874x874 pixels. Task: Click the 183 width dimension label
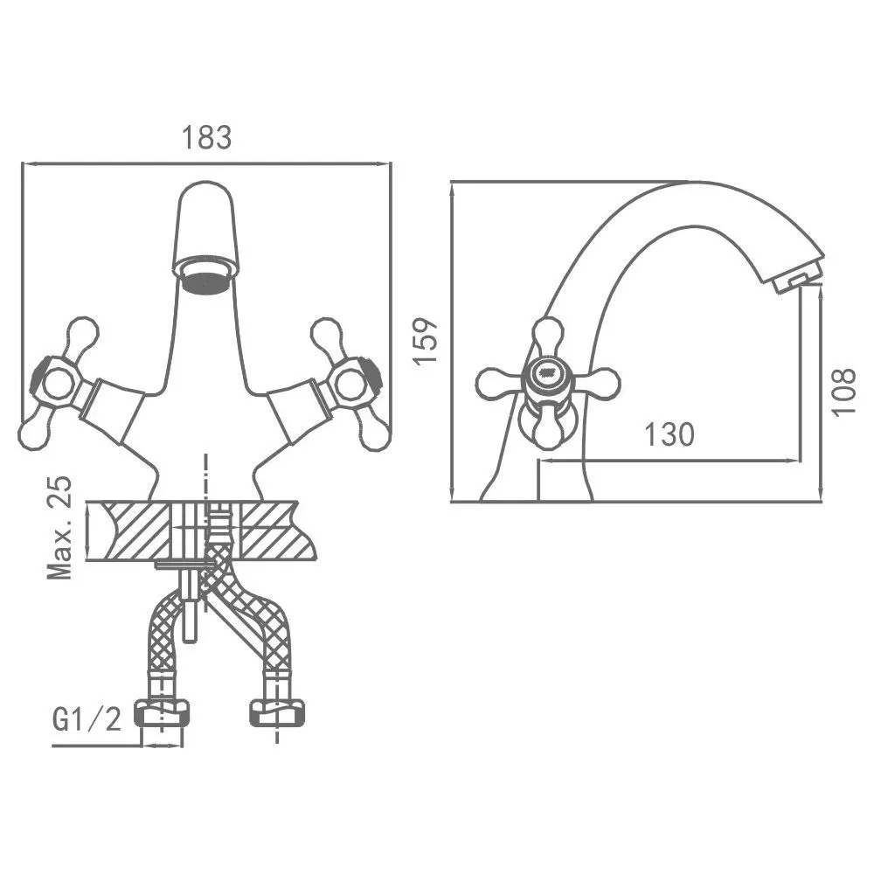[x=206, y=138]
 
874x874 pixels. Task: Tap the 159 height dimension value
[x=426, y=341]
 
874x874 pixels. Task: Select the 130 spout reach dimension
[x=669, y=434]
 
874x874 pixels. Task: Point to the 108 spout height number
[x=843, y=392]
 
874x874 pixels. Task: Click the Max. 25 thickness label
[x=60, y=527]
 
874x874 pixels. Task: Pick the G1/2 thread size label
[x=87, y=719]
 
